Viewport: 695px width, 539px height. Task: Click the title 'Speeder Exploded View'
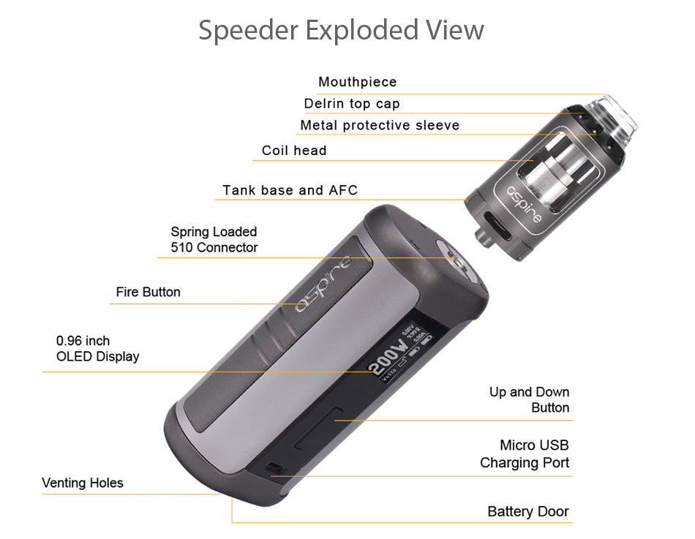(x=341, y=31)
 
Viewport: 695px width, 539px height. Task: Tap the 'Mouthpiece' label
(x=357, y=82)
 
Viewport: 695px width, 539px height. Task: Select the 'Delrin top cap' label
(x=352, y=103)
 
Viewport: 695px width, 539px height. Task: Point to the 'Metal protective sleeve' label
(x=380, y=125)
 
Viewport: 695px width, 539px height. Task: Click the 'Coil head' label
(x=294, y=151)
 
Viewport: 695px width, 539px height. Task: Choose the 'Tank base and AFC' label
(x=290, y=190)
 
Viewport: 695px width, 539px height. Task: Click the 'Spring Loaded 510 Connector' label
(x=214, y=240)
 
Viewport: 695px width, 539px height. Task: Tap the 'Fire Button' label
(x=148, y=292)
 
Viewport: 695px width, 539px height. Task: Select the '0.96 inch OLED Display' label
(x=97, y=349)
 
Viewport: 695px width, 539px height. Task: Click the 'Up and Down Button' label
(x=529, y=400)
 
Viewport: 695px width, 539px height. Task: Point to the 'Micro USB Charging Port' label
(x=525, y=453)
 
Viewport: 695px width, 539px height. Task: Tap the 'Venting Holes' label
(x=83, y=483)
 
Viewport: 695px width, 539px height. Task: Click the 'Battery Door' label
(x=527, y=511)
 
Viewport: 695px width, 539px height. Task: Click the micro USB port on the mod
(x=274, y=467)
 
